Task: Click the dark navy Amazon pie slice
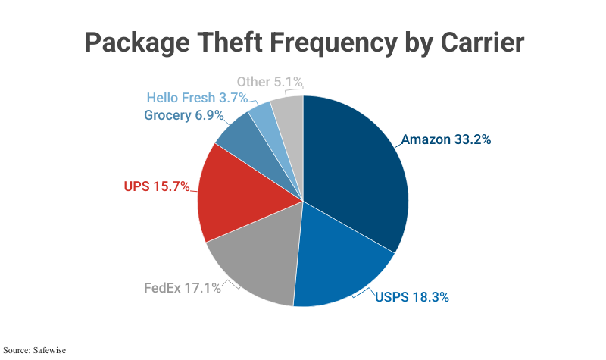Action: (x=356, y=174)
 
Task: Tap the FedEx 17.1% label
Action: (x=183, y=288)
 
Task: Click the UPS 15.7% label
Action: (x=156, y=186)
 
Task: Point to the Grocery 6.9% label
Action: (x=183, y=116)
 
